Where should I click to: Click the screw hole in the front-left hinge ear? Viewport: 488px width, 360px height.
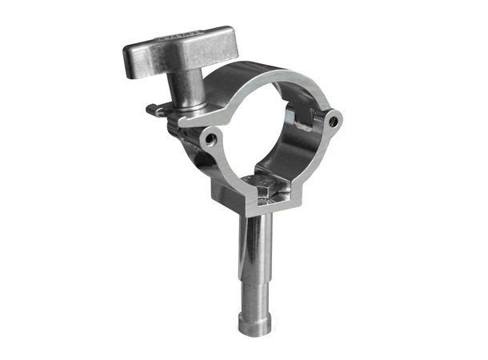pos(210,138)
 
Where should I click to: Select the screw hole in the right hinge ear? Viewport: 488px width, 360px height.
pos(333,120)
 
